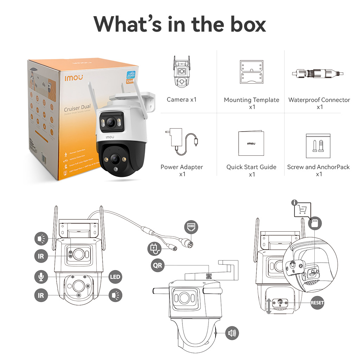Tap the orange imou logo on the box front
73,77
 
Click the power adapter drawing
181,142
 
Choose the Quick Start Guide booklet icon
251,143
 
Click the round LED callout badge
115,277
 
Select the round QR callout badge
158,265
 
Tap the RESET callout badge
317,303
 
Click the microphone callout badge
41,277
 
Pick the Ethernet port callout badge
191,227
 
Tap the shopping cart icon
302,210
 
